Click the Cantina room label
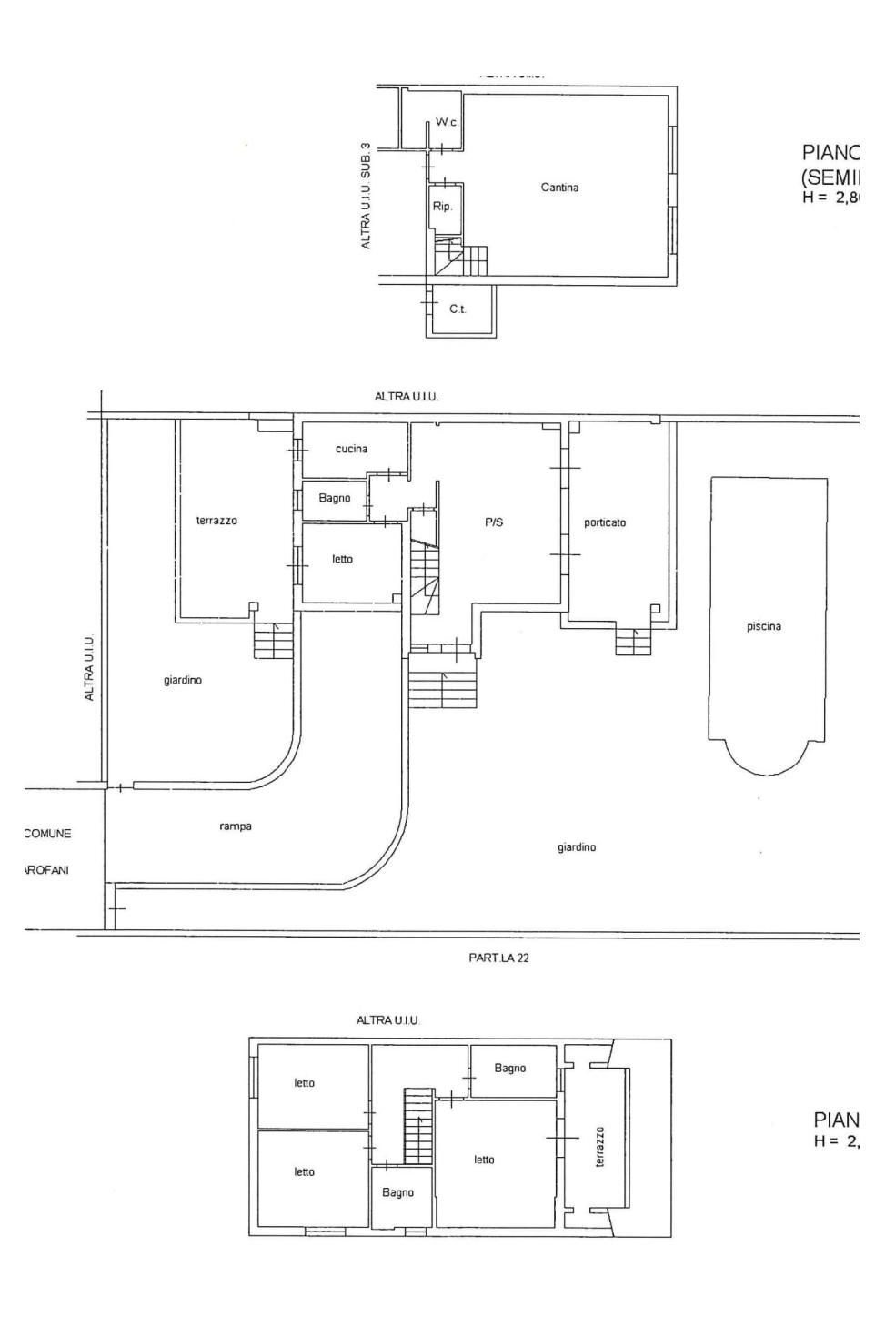[x=559, y=188]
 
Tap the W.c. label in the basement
[x=446, y=122]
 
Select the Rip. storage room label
[x=442, y=207]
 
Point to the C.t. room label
[x=458, y=309]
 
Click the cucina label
[x=351, y=449]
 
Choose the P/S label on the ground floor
[x=494, y=522]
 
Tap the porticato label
[x=605, y=523]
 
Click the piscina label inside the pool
[x=764, y=626]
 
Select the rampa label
[x=236, y=826]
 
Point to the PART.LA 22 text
[x=498, y=958]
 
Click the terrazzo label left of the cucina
[x=216, y=521]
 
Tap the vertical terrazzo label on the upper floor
[x=599, y=1147]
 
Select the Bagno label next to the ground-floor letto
[x=335, y=499]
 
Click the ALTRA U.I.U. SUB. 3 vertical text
[x=366, y=196]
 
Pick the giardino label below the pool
[x=577, y=847]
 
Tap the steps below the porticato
[x=633, y=642]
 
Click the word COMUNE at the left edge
[x=47, y=834]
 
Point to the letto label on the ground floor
[x=342, y=559]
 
